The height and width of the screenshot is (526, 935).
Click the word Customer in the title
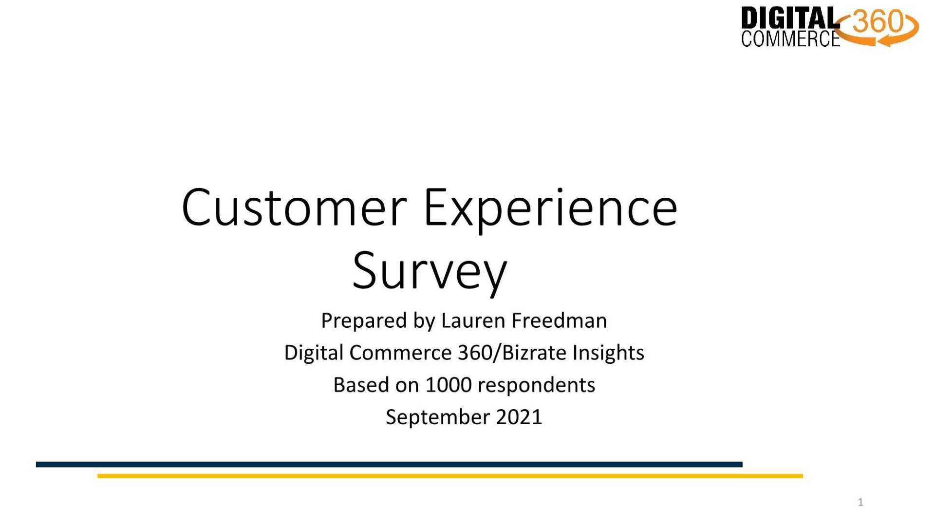click(x=294, y=208)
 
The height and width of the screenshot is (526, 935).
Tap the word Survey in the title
click(x=430, y=272)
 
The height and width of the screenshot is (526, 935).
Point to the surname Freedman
click(x=559, y=320)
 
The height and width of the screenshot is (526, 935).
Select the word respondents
click(x=536, y=386)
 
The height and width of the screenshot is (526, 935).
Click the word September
click(x=438, y=418)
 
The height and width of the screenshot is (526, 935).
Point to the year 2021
click(x=519, y=417)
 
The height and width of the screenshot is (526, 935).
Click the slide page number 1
click(x=860, y=502)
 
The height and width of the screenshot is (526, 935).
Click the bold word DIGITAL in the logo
click(x=790, y=19)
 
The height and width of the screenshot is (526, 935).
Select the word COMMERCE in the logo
click(x=790, y=39)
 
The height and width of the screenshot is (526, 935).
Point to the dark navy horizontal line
click(x=389, y=465)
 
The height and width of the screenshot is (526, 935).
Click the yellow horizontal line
click(x=450, y=476)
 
